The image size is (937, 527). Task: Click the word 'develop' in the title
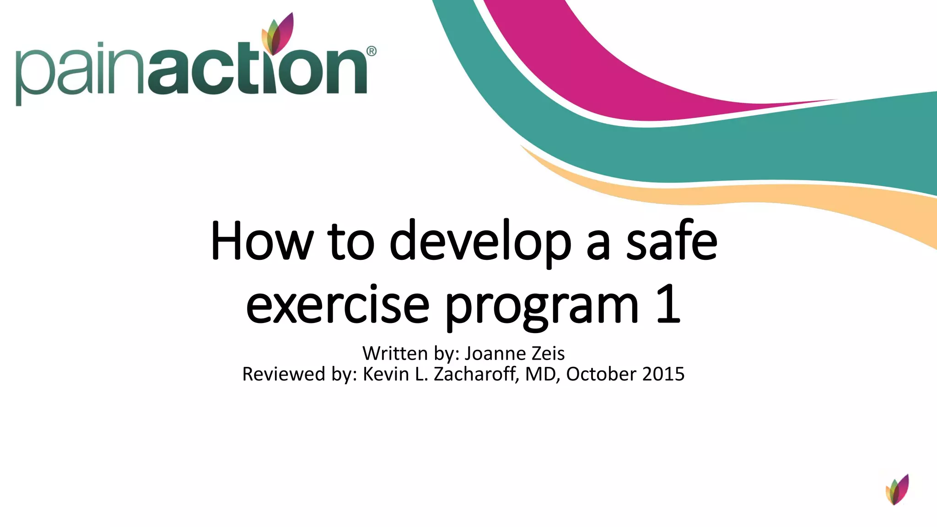(480, 242)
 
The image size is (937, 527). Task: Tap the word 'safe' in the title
(671, 241)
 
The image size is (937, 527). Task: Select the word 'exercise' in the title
(338, 305)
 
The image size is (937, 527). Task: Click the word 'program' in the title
(542, 307)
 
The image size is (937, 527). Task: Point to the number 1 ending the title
(668, 304)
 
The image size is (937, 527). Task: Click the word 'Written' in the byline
(395, 354)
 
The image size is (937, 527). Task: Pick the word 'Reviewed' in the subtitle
(284, 374)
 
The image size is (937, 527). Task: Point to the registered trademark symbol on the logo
(372, 51)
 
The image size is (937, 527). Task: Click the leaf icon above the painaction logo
(277, 34)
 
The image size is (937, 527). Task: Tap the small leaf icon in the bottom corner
(897, 489)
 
